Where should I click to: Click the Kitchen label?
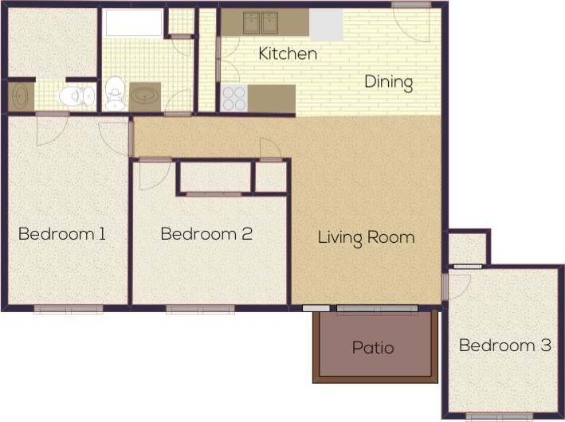(x=288, y=54)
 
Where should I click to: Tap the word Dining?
(x=389, y=82)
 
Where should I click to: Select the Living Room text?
(x=366, y=237)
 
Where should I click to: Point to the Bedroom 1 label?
(x=62, y=234)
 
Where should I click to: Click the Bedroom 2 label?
(x=206, y=234)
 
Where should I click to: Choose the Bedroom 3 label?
(x=505, y=346)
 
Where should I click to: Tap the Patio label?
(x=373, y=348)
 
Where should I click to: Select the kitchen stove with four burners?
(x=233, y=99)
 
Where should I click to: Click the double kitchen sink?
(x=259, y=23)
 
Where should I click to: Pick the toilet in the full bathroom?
(x=116, y=93)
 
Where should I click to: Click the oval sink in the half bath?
(x=18, y=96)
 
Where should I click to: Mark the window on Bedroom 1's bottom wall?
(x=69, y=309)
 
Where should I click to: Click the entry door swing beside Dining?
(x=414, y=22)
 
